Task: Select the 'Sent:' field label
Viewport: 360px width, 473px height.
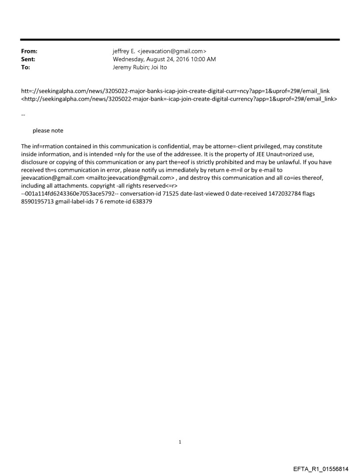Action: [x=28, y=59]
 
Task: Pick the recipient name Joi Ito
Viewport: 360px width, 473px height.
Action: [x=158, y=67]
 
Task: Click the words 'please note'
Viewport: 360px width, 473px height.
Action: [x=48, y=130]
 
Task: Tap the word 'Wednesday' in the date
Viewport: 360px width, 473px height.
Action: [x=128, y=59]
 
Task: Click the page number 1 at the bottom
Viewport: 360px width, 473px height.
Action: [x=180, y=442]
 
